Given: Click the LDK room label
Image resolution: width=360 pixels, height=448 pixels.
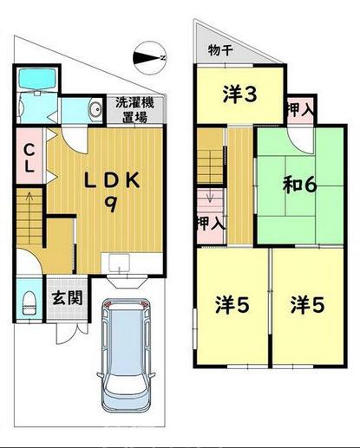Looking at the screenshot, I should point(111,180).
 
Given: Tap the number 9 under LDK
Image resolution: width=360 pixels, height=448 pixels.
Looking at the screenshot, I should point(111,205).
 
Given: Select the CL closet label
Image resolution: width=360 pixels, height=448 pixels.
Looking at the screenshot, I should point(27,155).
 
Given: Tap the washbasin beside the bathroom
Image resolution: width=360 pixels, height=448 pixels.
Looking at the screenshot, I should point(93,108).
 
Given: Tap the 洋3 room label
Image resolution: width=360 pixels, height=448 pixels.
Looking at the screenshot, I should point(239,94).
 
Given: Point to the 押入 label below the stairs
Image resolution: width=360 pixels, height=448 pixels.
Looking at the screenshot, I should point(211,223).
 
